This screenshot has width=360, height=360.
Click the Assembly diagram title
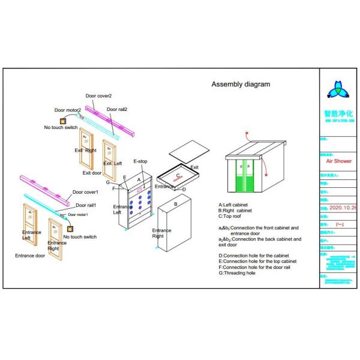click(241, 84)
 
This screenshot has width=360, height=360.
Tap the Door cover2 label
click(98, 96)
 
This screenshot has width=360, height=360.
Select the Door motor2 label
click(67, 110)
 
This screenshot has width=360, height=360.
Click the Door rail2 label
click(117, 109)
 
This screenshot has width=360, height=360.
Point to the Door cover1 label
click(85, 193)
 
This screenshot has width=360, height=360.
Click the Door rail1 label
click(86, 206)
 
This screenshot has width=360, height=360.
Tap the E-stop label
click(140, 161)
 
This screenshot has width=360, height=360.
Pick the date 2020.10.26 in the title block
click(343, 208)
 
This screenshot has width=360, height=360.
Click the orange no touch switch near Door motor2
click(61, 121)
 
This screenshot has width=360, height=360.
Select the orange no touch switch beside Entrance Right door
click(71, 228)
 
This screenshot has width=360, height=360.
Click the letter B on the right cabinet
click(175, 204)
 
